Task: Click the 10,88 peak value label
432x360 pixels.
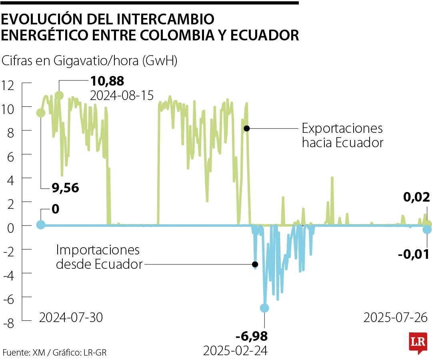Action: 107,81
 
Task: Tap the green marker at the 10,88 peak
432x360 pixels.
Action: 59,95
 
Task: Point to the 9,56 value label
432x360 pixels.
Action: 66,187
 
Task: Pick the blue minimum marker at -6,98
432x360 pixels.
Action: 264,308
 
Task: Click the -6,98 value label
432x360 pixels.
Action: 252,336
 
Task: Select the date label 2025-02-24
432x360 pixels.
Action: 235,351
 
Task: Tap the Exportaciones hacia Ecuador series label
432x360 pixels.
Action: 342,136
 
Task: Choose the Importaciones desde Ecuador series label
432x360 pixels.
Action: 99,257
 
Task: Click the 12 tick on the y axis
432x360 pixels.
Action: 8,84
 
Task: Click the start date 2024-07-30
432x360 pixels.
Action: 71,318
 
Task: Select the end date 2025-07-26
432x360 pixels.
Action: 395,318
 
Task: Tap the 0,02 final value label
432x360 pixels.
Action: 416,197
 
